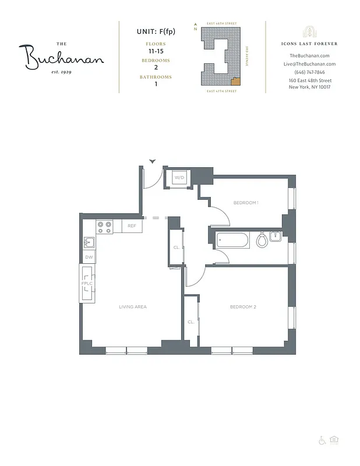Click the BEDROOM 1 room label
point(245,203)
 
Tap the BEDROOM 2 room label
point(243,306)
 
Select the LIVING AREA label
point(133,306)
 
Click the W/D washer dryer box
point(179,177)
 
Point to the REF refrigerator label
point(132,225)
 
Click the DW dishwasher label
point(89,257)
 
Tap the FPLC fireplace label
point(87,284)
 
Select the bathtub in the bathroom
point(232,239)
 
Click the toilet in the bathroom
point(262,239)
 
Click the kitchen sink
point(89,242)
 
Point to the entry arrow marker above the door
point(153,161)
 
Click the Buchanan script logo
point(65,57)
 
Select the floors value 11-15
point(156,51)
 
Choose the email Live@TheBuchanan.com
point(309,63)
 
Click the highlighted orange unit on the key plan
point(235,81)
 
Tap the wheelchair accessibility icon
point(322,440)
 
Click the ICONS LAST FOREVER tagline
point(309,44)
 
